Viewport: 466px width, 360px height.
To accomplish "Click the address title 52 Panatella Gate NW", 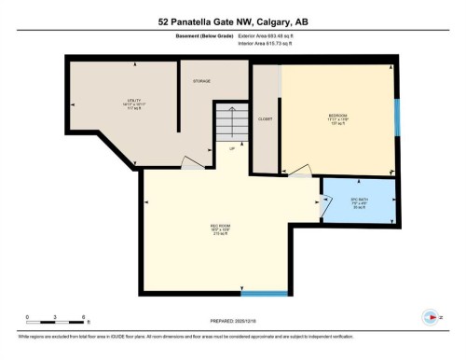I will (232, 21).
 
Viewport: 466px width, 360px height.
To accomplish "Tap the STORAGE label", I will (202, 82).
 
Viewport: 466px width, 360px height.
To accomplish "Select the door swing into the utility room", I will (190, 166).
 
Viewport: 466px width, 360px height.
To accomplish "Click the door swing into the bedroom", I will (301, 171).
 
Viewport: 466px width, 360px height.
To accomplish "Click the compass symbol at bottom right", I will (430, 315).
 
